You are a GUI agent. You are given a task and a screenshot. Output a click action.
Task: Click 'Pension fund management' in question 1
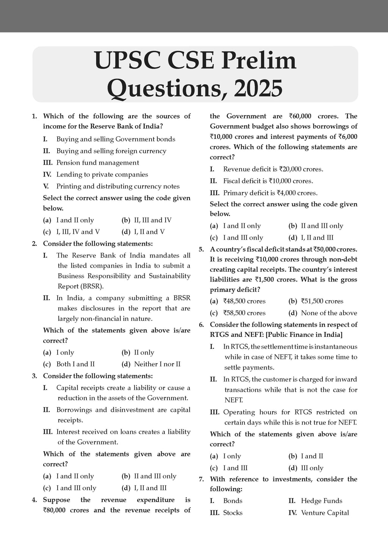(x=97, y=163)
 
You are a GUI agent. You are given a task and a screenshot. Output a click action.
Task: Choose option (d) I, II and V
(x=149, y=232)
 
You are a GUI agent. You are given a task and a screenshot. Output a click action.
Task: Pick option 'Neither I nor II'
(x=157, y=364)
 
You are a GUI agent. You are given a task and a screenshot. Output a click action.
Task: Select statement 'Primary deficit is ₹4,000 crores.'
(x=270, y=193)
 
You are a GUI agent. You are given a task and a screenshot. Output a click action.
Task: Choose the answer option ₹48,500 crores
(x=244, y=301)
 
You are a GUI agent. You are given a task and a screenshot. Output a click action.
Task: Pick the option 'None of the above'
(x=329, y=313)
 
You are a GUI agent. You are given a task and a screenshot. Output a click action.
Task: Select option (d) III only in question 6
(x=311, y=468)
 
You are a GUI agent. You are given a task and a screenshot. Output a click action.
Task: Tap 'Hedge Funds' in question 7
(x=321, y=501)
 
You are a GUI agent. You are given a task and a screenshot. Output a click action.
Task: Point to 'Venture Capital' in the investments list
(x=325, y=513)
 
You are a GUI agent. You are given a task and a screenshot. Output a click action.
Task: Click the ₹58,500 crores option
(x=244, y=313)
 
